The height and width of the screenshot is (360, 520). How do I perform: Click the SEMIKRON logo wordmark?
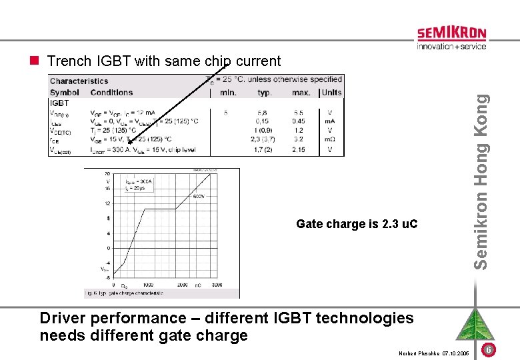click(x=451, y=34)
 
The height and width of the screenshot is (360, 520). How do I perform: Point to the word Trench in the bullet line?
click(x=69, y=61)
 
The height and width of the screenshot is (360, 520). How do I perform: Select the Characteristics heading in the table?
click(x=79, y=81)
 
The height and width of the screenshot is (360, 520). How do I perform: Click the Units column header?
click(x=331, y=93)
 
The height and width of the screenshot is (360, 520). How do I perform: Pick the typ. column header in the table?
click(x=265, y=93)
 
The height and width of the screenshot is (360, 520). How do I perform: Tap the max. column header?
click(x=301, y=93)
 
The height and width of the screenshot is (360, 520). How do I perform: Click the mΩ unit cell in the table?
click(x=330, y=139)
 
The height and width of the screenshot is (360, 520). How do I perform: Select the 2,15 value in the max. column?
click(x=298, y=149)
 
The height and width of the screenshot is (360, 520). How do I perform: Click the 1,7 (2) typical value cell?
click(x=262, y=149)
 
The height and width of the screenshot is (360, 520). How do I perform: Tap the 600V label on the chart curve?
click(x=199, y=196)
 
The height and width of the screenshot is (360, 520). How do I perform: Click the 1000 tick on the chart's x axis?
click(x=148, y=285)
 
